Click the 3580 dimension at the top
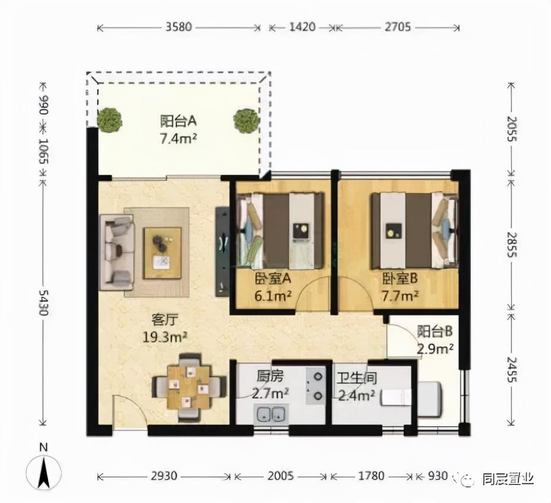tap(179, 27)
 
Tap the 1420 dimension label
tap(302, 27)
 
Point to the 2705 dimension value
tap(397, 27)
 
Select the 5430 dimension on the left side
tap(43, 303)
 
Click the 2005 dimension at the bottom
tap(281, 476)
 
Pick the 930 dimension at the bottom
tap(438, 476)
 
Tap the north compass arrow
tap(43, 474)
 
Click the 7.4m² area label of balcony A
tap(179, 139)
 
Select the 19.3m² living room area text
tap(165, 338)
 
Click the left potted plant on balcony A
tap(110, 120)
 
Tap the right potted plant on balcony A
tap(246, 120)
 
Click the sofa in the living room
tap(116, 252)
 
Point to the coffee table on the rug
tap(162, 253)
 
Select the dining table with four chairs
tap(189, 388)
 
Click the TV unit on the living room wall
tap(222, 251)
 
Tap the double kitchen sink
tap(271, 414)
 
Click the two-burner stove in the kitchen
tap(315, 386)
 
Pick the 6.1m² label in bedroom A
tap(273, 297)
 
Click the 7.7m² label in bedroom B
tap(400, 297)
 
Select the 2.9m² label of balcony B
tap(435, 349)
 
